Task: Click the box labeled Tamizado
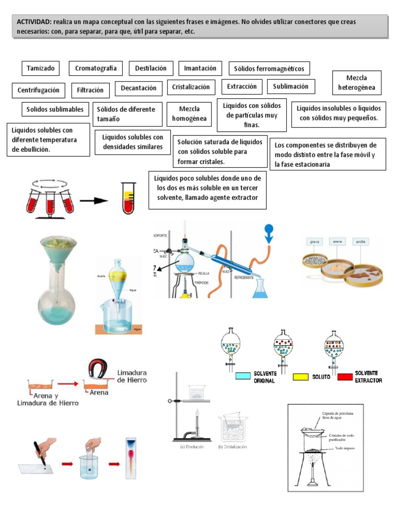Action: [40, 68]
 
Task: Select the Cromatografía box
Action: [95, 68]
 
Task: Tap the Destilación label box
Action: [151, 68]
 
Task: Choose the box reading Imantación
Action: [200, 68]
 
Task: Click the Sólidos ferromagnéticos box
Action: [269, 68]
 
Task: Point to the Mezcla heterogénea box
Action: [356, 83]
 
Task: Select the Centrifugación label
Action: [38, 90]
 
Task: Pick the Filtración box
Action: [90, 90]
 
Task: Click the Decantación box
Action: [138, 88]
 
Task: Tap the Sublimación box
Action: [290, 86]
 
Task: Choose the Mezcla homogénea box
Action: [189, 114]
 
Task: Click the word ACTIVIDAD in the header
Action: [34, 22]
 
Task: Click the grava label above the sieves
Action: [314, 241]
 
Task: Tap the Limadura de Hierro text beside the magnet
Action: [131, 376]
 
